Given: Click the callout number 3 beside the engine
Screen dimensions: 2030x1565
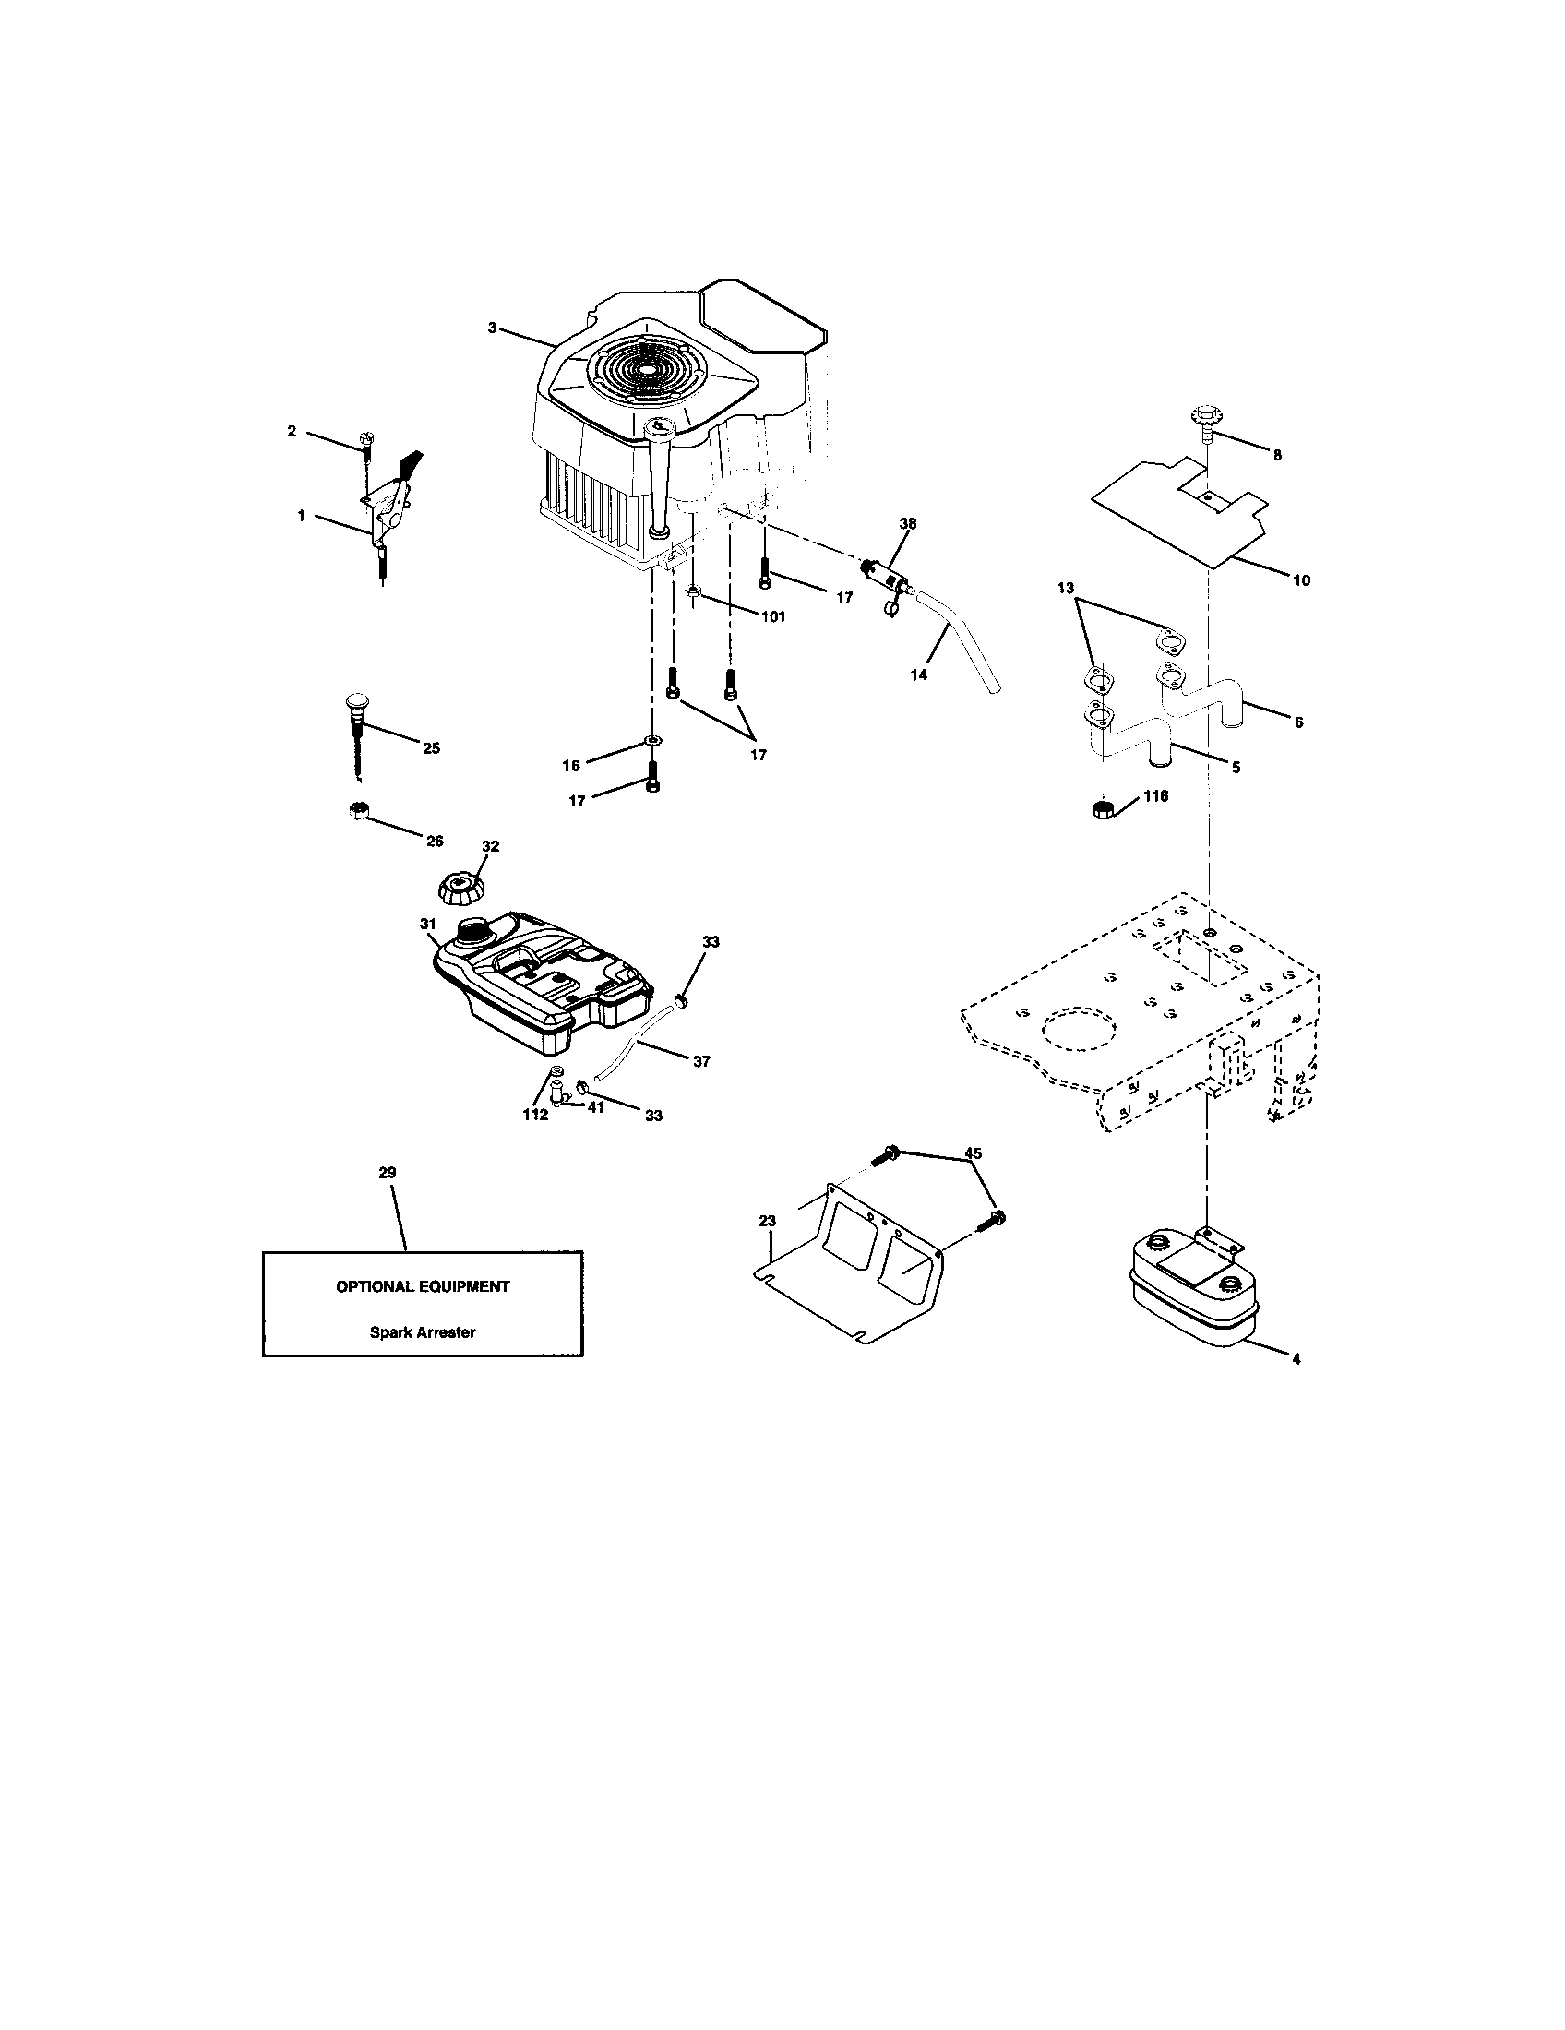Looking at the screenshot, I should [x=492, y=328].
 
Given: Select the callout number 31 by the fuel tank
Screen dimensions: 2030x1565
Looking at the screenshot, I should [x=427, y=924].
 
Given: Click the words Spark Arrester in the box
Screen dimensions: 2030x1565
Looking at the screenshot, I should [x=422, y=1331].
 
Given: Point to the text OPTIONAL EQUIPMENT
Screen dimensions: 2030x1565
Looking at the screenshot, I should [x=422, y=1286].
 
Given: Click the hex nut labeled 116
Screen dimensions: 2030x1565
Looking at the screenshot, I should [x=1101, y=807].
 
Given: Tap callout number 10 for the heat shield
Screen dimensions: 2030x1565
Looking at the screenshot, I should [x=1301, y=580].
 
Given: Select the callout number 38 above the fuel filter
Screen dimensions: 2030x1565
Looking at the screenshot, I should [x=907, y=523].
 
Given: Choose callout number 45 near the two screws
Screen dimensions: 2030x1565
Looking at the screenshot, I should [x=973, y=1152].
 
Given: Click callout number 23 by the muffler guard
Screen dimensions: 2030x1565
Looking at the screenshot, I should [x=768, y=1221].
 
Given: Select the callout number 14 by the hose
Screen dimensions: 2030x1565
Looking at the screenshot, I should [x=918, y=675].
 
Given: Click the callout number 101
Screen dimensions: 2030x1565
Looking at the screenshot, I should [x=772, y=616].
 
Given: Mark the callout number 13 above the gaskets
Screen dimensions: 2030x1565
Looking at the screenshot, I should [x=1065, y=588].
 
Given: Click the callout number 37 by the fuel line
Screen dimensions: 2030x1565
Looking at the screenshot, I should [x=701, y=1060].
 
